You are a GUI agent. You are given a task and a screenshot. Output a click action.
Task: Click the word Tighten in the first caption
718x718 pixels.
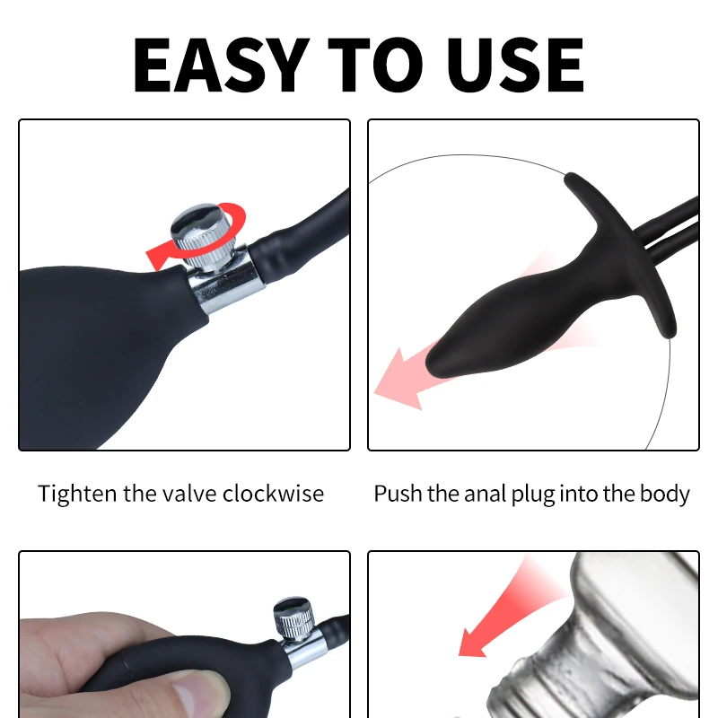[77, 494]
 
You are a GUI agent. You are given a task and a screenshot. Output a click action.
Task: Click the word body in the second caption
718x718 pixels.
[667, 494]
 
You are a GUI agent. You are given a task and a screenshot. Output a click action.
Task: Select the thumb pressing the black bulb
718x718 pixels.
[193, 691]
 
